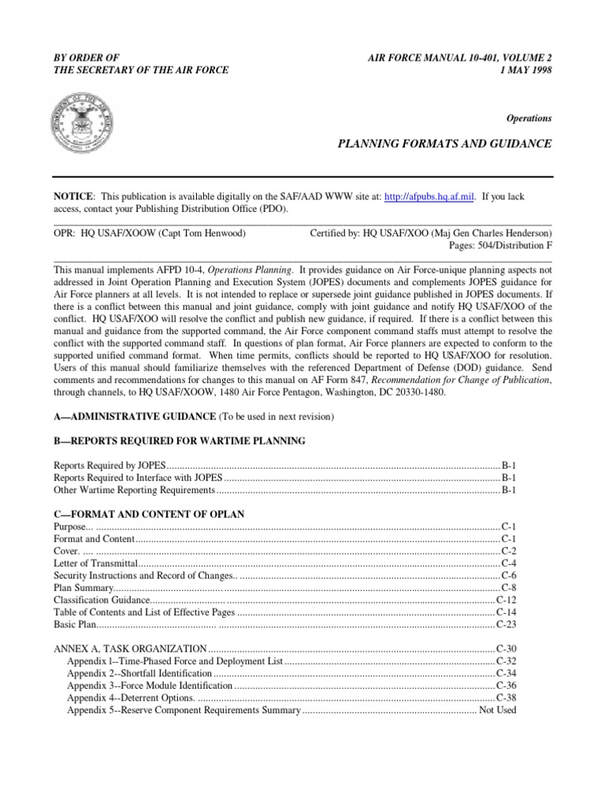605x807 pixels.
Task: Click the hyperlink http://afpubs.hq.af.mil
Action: (x=429, y=196)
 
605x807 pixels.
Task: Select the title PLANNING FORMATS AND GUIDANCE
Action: (x=444, y=144)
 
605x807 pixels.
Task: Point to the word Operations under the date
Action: (x=529, y=118)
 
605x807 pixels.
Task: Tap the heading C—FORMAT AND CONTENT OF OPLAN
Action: (x=149, y=514)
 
